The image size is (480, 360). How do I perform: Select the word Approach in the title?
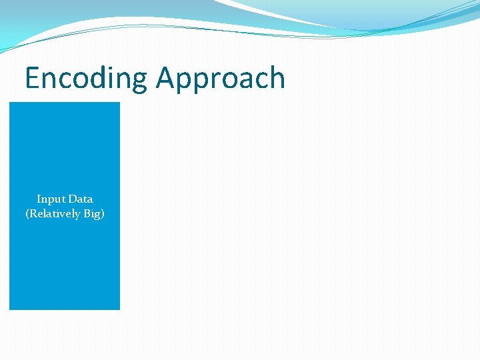221,79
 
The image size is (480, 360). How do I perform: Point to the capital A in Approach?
165,78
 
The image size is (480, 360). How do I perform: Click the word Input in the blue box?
50,199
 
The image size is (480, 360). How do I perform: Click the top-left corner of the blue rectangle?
9,103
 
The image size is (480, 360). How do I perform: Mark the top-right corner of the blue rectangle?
119,103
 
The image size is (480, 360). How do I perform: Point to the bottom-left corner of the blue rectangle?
9,309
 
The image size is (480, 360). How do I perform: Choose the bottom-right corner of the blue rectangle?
119,309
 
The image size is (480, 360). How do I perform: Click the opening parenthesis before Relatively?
27,214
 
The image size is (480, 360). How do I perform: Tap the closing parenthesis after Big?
103,214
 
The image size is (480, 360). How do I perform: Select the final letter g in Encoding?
140,81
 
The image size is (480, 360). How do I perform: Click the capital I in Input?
39,199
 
